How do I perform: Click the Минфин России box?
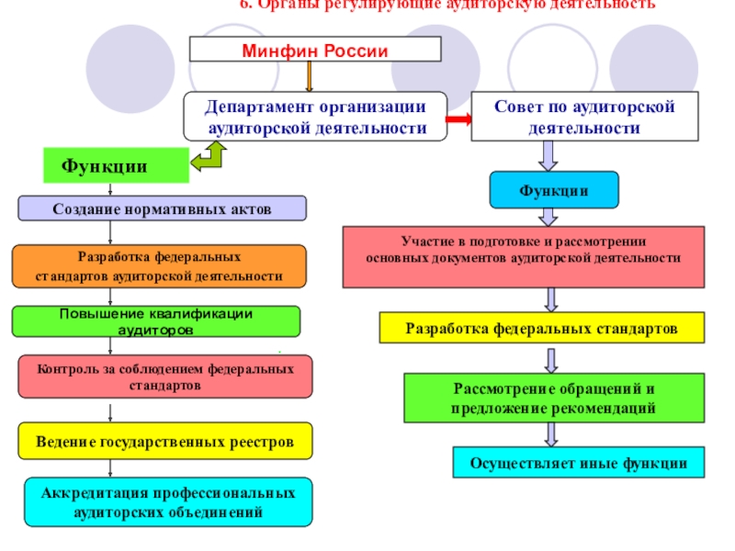click(315, 50)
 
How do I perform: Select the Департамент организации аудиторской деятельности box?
click(315, 118)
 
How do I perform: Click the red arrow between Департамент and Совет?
click(458, 118)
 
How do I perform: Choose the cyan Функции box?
click(553, 190)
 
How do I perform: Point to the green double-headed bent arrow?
click(216, 157)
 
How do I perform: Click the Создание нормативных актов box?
click(163, 208)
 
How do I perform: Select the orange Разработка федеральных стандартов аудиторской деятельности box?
click(159, 266)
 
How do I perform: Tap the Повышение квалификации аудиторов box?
click(156, 320)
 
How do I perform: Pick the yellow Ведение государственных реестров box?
click(165, 442)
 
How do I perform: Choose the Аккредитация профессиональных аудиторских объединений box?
click(168, 502)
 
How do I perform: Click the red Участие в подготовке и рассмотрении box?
click(524, 250)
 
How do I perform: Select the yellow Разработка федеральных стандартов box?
click(542, 328)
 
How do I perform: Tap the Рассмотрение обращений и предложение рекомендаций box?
click(553, 397)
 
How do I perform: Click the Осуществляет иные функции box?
click(579, 463)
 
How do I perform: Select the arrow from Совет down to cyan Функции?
click(548, 156)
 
